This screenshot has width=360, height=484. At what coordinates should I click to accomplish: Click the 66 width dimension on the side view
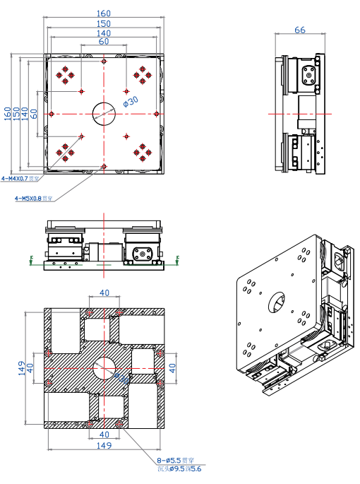click(x=299, y=30)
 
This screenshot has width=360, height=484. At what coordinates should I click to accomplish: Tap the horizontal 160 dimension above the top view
click(x=104, y=13)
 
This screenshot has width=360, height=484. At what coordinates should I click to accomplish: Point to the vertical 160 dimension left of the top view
click(x=8, y=113)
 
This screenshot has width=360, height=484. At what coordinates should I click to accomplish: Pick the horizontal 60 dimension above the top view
click(x=104, y=42)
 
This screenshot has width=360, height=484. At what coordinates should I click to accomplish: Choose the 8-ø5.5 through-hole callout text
click(x=172, y=460)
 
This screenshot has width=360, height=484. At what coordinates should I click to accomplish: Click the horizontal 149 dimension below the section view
click(x=104, y=446)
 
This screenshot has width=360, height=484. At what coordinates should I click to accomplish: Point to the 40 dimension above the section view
click(x=104, y=293)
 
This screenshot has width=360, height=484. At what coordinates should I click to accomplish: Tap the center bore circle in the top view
click(x=104, y=113)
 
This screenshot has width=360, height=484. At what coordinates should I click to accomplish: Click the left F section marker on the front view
click(x=31, y=259)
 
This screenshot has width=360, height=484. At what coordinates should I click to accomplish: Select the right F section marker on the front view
click(x=178, y=259)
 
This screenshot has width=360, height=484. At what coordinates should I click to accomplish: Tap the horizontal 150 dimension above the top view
click(x=104, y=23)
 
